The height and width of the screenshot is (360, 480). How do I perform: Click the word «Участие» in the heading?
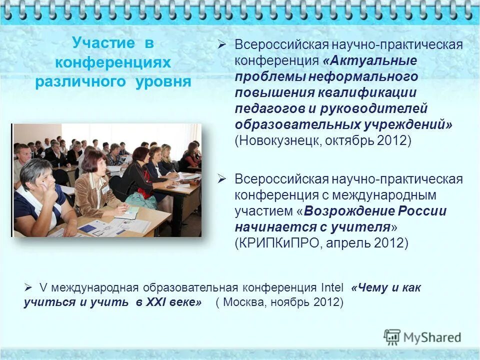point(103,43)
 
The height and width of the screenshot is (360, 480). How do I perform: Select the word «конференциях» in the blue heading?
point(113,62)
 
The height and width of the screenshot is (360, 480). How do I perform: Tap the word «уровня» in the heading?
point(163,82)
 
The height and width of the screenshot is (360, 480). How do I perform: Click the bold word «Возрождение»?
point(346,211)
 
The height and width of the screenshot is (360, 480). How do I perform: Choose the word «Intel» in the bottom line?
point(331,288)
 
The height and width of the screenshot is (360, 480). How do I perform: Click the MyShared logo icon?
point(392,337)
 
